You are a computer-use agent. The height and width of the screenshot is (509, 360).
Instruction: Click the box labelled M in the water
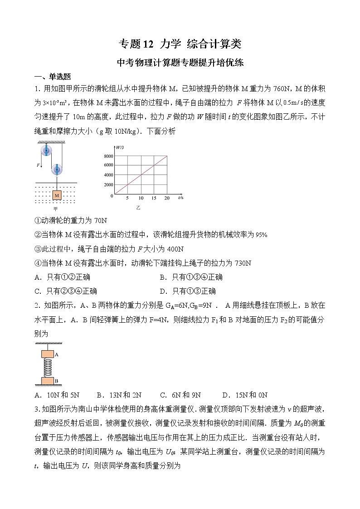(x=57, y=195)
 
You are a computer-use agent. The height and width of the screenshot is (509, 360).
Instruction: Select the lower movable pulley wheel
(x=57, y=170)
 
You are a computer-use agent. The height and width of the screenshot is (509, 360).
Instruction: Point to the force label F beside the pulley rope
(x=38, y=165)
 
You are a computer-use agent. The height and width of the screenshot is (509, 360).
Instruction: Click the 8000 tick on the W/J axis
(x=108, y=156)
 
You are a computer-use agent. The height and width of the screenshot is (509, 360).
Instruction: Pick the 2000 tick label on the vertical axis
(x=108, y=185)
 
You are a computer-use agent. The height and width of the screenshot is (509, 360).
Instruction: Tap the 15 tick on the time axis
(x=154, y=199)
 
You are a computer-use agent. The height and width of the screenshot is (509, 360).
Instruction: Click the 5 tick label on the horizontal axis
(x=127, y=199)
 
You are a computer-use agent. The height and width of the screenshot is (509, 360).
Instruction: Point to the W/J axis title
(x=120, y=147)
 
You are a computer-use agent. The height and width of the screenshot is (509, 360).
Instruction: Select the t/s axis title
(x=180, y=198)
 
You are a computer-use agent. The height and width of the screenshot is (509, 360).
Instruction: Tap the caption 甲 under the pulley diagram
(x=56, y=208)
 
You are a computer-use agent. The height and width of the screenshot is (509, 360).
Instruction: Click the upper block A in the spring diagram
(x=48, y=355)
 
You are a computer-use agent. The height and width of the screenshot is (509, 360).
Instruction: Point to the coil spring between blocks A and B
(x=48, y=368)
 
